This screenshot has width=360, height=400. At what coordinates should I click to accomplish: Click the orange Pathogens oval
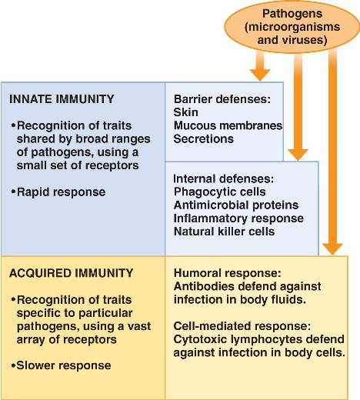click(292, 27)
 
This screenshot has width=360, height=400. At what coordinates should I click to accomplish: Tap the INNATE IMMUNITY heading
click(62, 99)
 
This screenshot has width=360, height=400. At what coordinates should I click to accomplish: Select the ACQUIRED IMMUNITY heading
click(71, 273)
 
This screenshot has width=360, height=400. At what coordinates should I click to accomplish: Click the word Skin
click(185, 112)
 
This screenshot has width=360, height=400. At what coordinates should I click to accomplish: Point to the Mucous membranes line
click(228, 125)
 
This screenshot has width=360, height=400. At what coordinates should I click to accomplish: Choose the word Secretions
click(204, 138)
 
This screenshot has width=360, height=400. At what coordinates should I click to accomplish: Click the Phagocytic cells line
click(220, 192)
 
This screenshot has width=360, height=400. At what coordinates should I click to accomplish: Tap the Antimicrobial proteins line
click(236, 205)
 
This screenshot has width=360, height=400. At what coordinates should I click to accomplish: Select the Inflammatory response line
click(238, 218)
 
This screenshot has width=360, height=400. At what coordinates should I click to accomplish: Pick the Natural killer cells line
click(224, 232)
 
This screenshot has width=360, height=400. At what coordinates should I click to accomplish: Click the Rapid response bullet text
click(58, 192)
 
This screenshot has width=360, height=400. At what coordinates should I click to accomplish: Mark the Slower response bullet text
click(62, 365)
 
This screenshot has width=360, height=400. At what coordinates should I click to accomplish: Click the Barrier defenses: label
click(222, 99)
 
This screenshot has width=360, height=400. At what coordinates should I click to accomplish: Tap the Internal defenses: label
click(224, 178)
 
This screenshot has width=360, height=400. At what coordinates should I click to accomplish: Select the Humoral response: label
click(228, 273)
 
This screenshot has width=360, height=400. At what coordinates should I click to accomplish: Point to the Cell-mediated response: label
click(242, 326)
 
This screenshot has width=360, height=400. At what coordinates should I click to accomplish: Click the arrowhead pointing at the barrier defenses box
click(260, 75)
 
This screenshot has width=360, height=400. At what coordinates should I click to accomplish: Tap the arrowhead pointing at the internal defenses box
click(298, 155)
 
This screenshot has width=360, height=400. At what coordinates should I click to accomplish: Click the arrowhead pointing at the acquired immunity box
click(332, 249)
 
